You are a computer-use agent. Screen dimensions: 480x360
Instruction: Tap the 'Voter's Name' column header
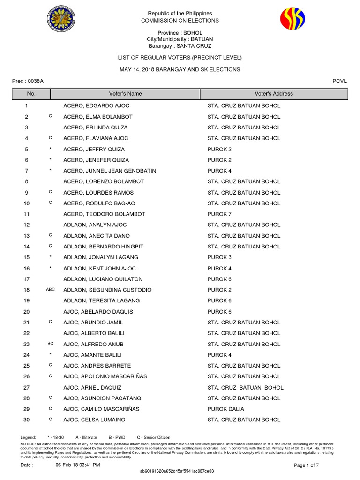pyautogui.click(x=125, y=94)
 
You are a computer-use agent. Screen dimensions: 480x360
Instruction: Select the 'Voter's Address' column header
pyautogui.click(x=274, y=94)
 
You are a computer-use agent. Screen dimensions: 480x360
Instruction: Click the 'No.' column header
pyautogui.click(x=31, y=94)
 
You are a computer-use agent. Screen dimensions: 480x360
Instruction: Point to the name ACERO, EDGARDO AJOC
pyautogui.click(x=96, y=106)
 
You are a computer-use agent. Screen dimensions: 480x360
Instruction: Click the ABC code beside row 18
pyautogui.click(x=50, y=290)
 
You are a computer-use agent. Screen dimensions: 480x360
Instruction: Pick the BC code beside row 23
pyautogui.click(x=50, y=344)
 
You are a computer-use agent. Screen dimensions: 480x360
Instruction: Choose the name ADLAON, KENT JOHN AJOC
pyautogui.click(x=99, y=269)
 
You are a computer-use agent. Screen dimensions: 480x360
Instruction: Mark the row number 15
pyautogui.click(x=27, y=257)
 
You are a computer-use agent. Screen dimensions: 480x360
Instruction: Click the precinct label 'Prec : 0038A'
pyautogui.click(x=28, y=81)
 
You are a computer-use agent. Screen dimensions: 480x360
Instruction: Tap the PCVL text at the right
pyautogui.click(x=339, y=81)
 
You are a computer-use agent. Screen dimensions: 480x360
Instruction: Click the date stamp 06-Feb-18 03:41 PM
pyautogui.click(x=78, y=465)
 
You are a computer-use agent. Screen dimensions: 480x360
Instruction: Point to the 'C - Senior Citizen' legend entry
pyautogui.click(x=154, y=437)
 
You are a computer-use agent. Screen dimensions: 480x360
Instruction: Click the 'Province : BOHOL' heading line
pyautogui.click(x=180, y=33)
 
